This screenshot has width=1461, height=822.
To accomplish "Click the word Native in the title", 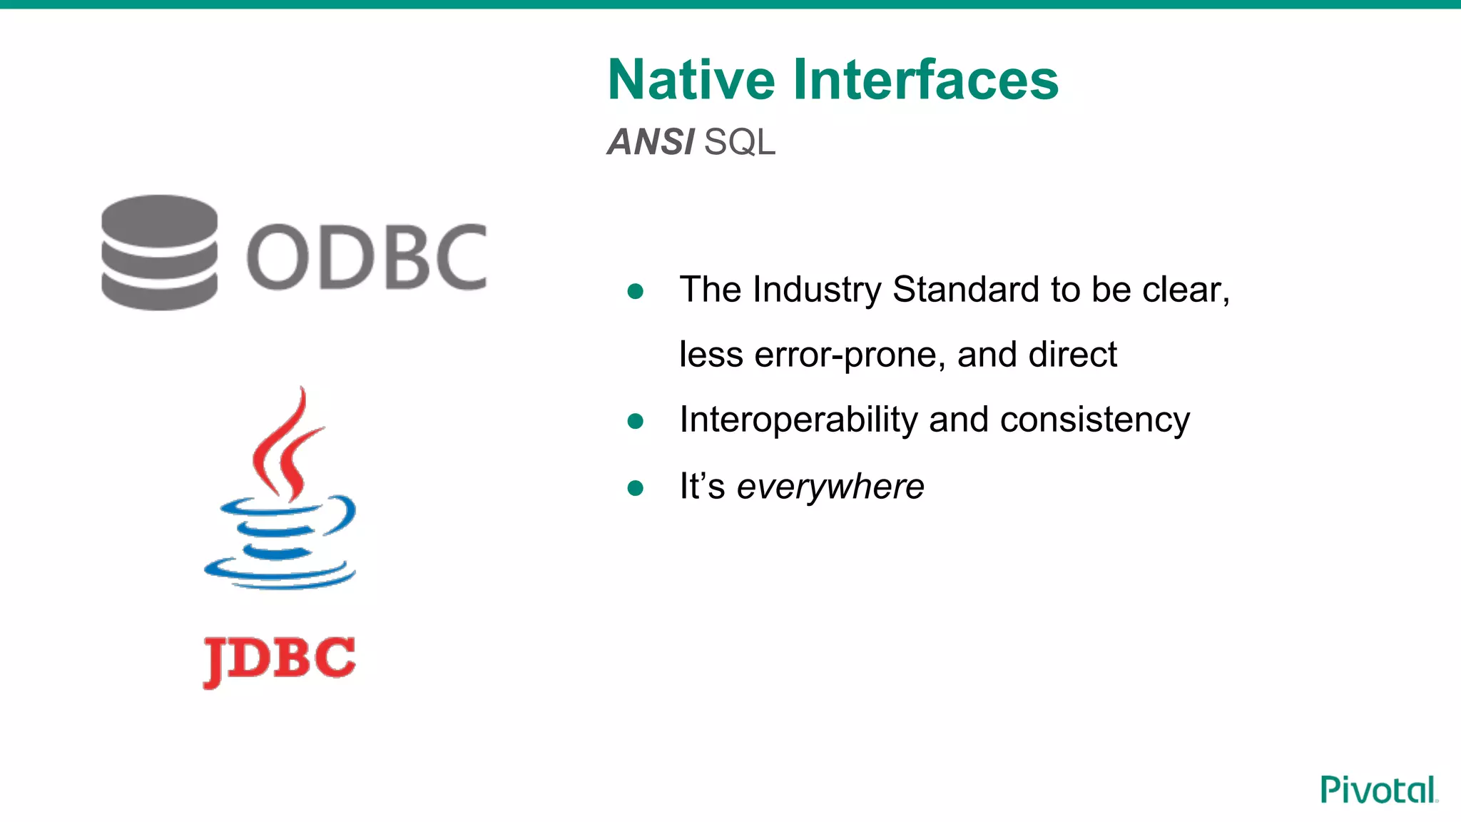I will (x=691, y=80).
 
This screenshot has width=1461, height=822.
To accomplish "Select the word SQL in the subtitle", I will (x=739, y=142).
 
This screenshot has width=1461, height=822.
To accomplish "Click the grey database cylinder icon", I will (x=159, y=253).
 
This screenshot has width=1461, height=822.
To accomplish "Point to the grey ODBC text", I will (x=367, y=257).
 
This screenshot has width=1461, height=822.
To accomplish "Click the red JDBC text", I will (x=279, y=659).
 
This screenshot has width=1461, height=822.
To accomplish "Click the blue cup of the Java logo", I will (x=282, y=542).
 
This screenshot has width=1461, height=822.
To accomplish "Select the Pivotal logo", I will (x=1378, y=790).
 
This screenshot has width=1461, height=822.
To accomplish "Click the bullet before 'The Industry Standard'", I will (x=635, y=291).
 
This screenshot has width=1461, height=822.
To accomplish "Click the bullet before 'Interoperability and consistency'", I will (x=635, y=421).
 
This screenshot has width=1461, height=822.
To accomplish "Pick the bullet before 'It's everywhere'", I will (x=635, y=488).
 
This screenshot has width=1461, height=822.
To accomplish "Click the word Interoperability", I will (x=798, y=420).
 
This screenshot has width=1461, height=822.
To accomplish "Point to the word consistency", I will (x=1094, y=420).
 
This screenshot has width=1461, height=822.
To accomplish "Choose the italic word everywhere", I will (x=830, y=487).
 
